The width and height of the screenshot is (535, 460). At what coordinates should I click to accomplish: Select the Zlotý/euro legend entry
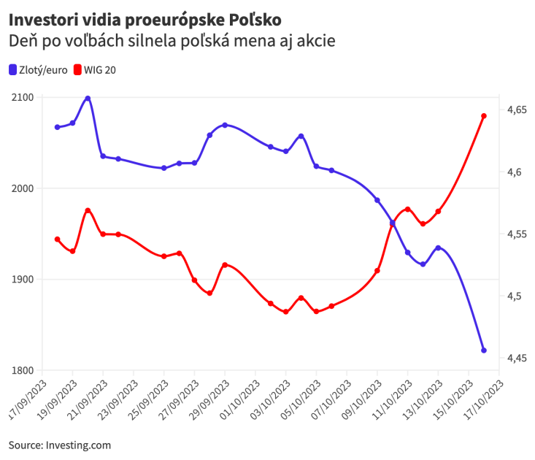[39, 70]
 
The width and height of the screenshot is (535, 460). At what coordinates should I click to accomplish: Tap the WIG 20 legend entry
[95, 70]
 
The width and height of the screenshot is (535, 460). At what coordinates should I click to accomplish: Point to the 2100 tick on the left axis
[23, 97]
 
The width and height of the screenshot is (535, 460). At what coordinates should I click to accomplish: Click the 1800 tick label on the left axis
[23, 370]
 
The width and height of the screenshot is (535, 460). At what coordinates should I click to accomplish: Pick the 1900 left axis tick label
[23, 280]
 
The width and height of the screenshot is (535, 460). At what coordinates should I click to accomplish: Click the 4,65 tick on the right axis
[517, 110]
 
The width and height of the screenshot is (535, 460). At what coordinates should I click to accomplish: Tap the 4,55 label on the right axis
[517, 234]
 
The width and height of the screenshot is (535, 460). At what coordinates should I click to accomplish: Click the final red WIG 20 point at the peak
[484, 116]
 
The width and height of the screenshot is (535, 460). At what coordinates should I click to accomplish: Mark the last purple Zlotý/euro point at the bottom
[484, 350]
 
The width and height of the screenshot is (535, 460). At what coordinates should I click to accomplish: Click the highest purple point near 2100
[88, 98]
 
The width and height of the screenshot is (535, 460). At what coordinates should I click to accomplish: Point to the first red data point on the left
[57, 239]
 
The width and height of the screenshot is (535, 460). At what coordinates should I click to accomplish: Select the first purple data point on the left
[57, 127]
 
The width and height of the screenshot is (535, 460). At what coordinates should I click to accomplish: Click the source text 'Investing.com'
[78, 445]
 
